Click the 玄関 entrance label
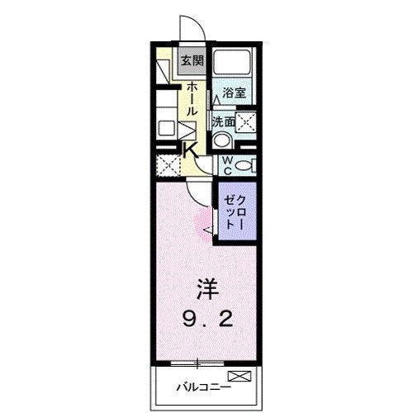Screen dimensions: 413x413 click(x=192, y=60)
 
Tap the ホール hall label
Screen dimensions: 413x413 click(x=192, y=98)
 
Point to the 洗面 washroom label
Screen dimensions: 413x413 click(x=222, y=121)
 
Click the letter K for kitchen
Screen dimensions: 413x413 click(x=189, y=150)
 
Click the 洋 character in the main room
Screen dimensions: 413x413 click(x=206, y=291)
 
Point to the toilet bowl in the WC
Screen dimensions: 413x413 click(x=243, y=166)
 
